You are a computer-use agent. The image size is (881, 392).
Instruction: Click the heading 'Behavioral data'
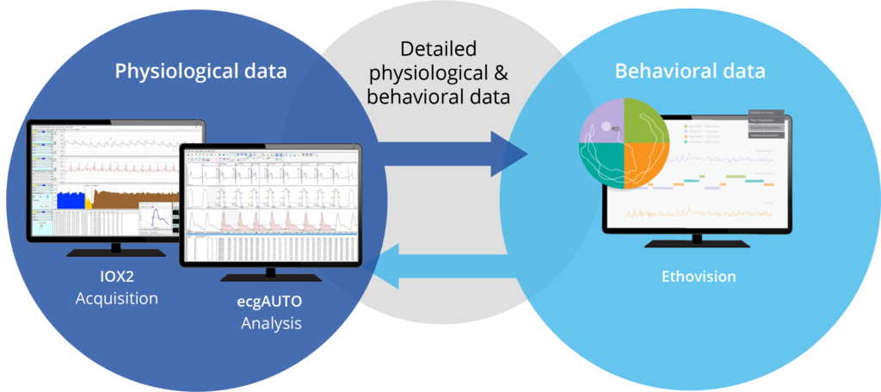coord(689,71)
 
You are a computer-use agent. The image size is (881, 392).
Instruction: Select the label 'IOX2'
coord(116,278)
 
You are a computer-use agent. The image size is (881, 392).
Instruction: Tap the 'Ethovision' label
coord(698,277)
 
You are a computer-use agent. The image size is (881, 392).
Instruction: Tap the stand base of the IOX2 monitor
coord(116,252)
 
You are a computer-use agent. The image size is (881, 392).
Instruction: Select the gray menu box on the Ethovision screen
coord(765,124)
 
